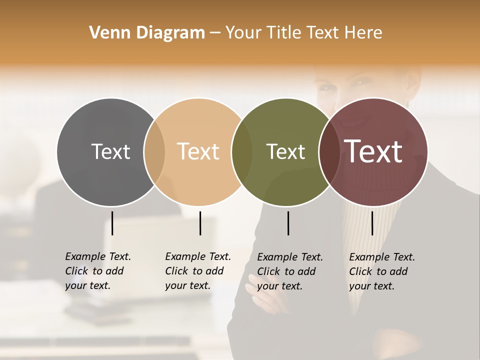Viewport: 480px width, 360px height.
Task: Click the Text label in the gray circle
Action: click(x=110, y=151)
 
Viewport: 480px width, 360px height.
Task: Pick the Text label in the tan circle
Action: click(x=198, y=151)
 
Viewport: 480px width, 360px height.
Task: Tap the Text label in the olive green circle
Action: click(x=285, y=151)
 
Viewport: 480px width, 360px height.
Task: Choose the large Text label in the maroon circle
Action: click(x=373, y=151)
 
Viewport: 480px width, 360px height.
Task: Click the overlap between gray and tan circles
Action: click(x=154, y=152)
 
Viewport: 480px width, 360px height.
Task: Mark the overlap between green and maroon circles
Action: click(x=328, y=152)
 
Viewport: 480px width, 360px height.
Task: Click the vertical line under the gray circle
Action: click(x=112, y=223)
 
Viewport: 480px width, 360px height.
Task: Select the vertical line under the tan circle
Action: click(x=200, y=223)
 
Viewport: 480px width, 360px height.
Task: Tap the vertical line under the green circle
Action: click(x=288, y=223)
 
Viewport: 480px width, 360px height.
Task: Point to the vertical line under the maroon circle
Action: click(x=372, y=223)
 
